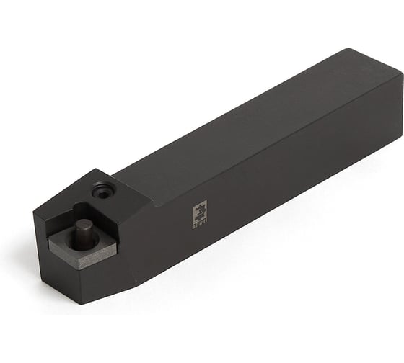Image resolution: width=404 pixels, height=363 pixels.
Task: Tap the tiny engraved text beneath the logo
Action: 199,224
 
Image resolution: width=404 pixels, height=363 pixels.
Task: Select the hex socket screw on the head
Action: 103,191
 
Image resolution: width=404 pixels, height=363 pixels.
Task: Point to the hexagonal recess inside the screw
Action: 103,191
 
